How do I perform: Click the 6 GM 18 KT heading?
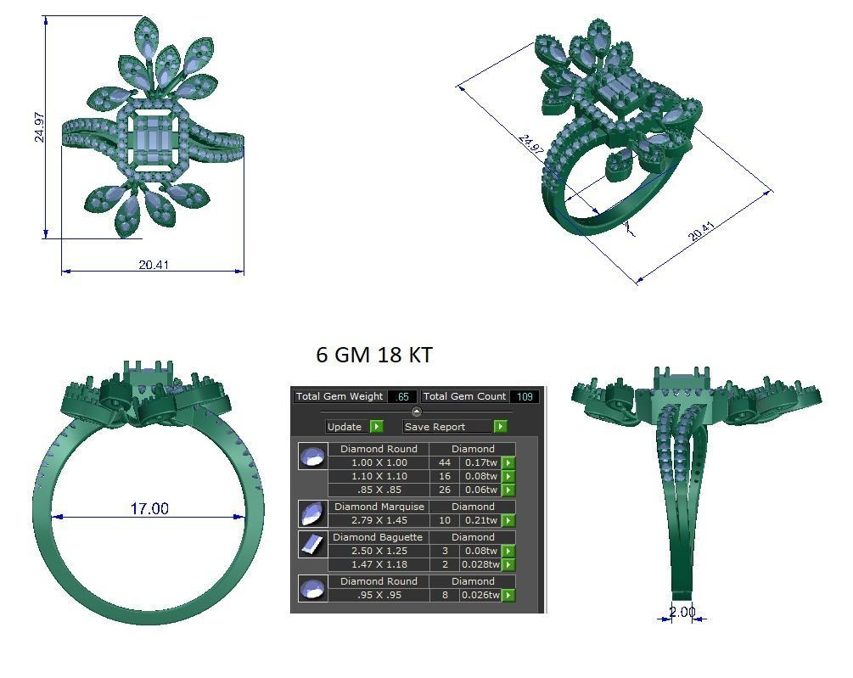pos(374,355)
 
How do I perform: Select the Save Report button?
pos(455,427)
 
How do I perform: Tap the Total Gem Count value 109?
pos(524,396)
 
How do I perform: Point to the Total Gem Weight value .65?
pos(402,396)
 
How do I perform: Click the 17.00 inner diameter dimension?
pos(149,508)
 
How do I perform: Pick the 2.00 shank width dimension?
pos(682,612)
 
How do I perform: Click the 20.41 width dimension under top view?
pos(154,265)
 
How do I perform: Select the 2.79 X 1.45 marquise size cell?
pos(378,520)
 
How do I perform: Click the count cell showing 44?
pos(444,462)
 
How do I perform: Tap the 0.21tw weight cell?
pos(480,520)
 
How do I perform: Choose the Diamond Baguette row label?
pos(378,537)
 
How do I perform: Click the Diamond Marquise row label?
pos(378,507)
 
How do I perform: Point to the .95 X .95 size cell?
pos(378,595)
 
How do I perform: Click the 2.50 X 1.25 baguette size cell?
pos(378,551)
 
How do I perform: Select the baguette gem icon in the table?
pos(312,544)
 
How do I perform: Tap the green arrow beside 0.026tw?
pos(508,595)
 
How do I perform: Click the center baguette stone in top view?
pos(154,136)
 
